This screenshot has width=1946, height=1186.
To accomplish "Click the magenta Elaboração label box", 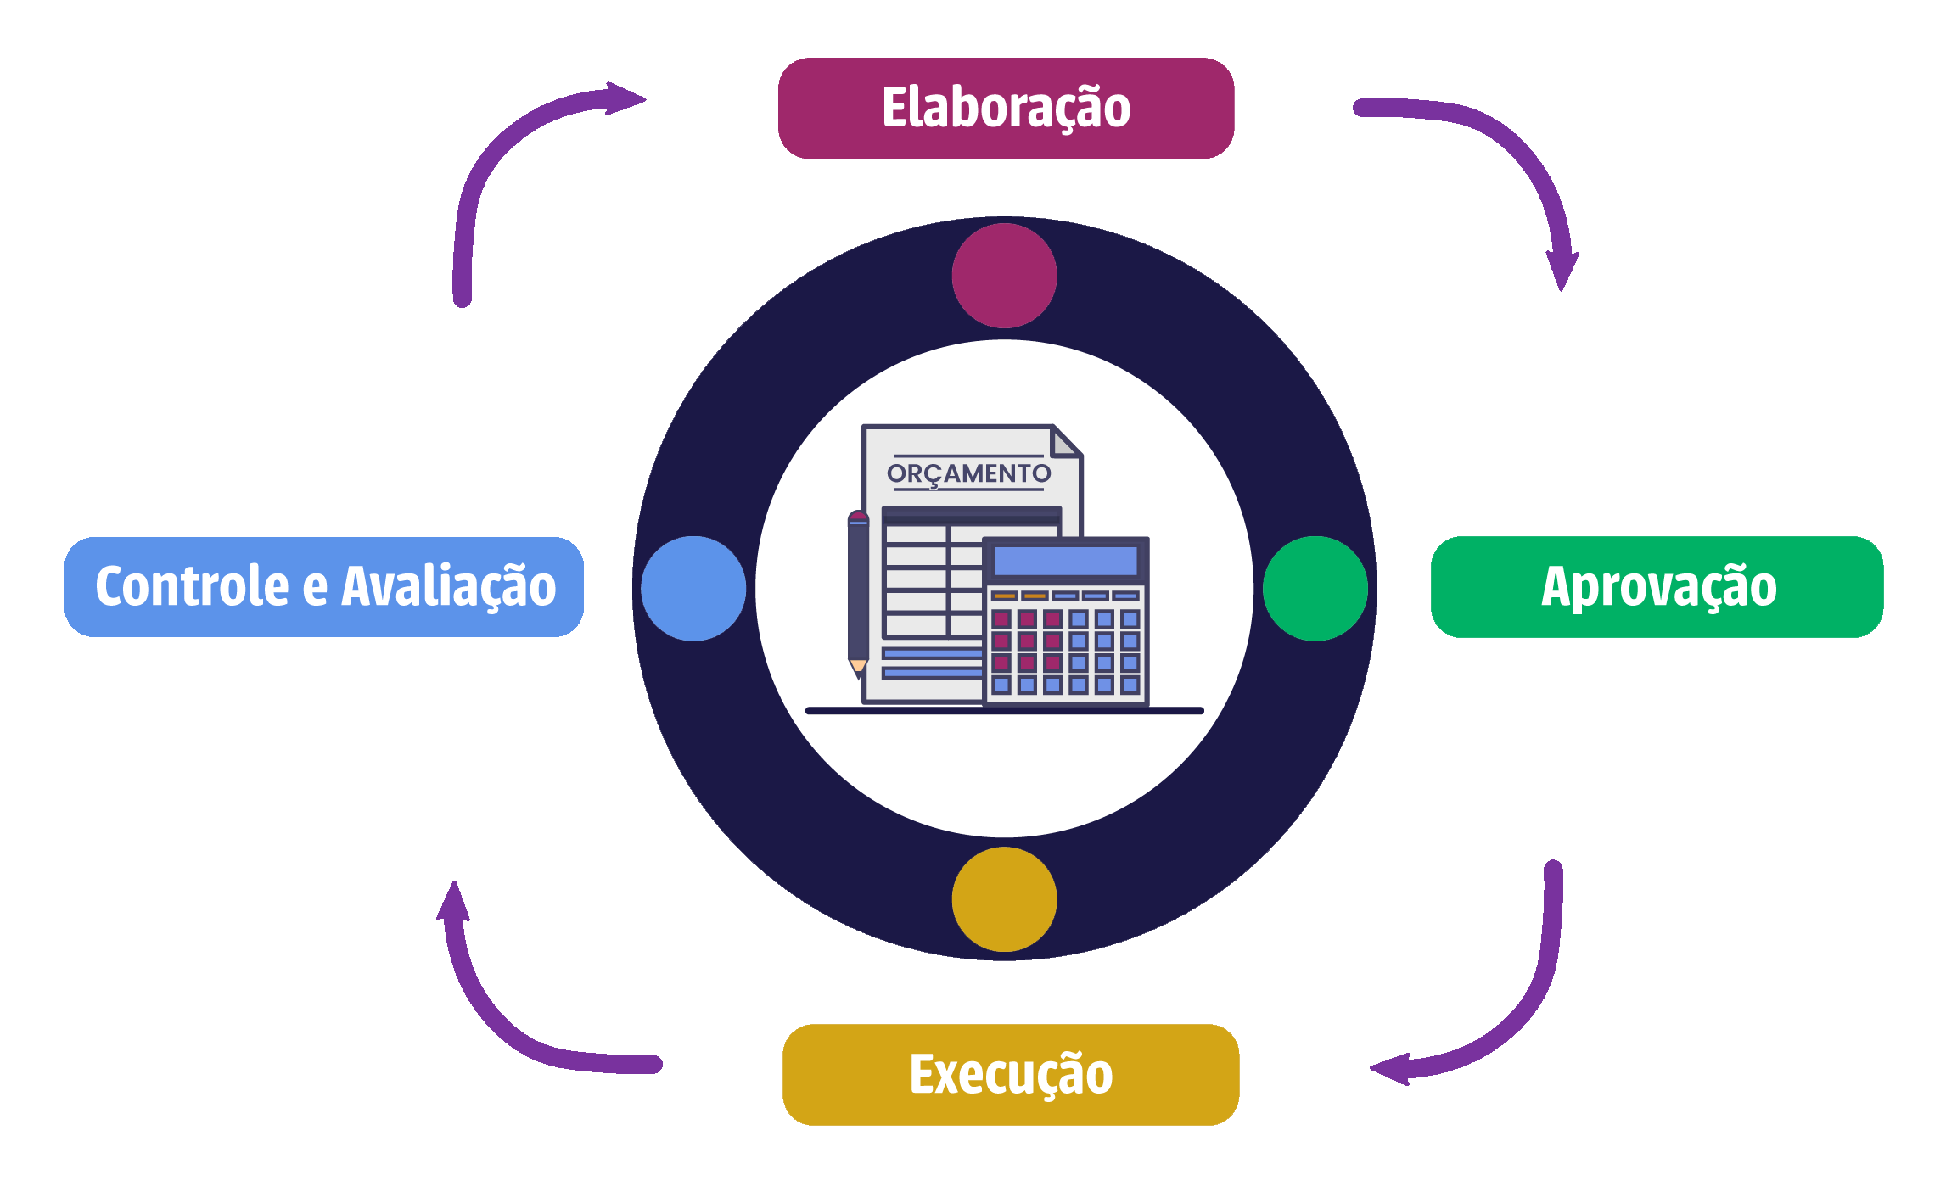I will pos(1006,108).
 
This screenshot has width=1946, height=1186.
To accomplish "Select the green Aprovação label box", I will pos(1657,586).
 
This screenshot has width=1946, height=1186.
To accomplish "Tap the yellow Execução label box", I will pos(1010,1074).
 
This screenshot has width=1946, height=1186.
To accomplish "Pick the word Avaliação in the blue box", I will pos(448,586).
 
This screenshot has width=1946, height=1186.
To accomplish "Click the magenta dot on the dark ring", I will pos(1004,276).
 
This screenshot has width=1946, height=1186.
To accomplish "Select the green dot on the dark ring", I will pos(1315,588).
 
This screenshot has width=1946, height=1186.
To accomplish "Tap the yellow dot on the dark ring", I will pos(1004,899).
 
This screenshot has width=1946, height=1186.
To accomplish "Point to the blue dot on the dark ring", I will pos(693,588).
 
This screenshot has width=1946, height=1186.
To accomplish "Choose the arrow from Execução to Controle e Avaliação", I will pos(501,1018).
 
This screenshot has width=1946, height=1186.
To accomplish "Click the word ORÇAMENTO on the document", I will pos(968,473).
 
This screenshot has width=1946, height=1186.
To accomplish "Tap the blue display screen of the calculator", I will pos(1065,561).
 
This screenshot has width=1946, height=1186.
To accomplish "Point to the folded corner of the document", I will pos(1066,441).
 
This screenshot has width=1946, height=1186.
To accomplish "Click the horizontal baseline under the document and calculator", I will pos(1004,711).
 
